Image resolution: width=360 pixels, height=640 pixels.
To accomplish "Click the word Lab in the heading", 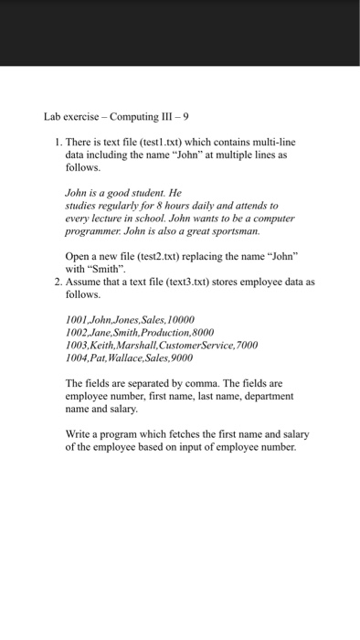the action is pos(52,117).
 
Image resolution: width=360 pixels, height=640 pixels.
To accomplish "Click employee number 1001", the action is pos(77,321).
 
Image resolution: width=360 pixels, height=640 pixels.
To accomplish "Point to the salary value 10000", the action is pos(179,321).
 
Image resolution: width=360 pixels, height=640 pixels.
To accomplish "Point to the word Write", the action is pos(79,434).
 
